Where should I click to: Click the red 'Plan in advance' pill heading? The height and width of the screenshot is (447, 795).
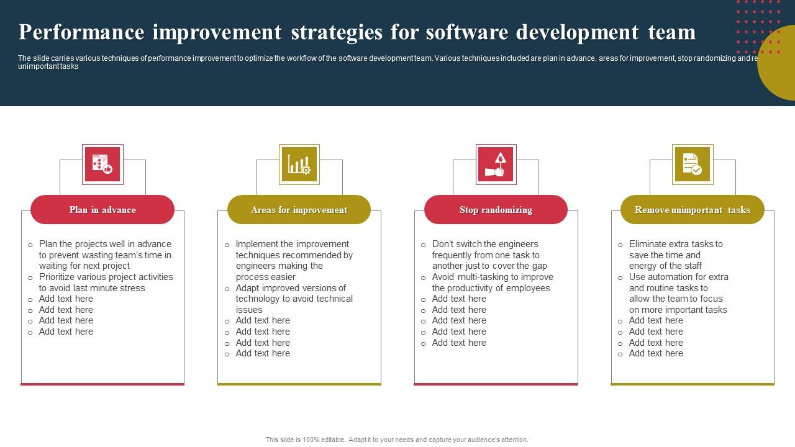102,210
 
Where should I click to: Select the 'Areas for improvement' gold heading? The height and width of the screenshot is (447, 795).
299,210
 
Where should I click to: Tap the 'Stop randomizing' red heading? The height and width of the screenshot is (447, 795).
496,210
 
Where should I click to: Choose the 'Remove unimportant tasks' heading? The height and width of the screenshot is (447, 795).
692,210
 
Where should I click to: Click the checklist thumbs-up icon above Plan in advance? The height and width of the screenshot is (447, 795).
102,165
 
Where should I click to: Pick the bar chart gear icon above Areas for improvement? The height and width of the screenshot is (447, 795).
299,165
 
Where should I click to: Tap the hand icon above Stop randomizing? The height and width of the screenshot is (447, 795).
496,165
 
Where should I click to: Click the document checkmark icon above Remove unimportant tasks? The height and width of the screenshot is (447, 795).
692,165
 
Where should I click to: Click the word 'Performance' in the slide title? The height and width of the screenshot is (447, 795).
81,32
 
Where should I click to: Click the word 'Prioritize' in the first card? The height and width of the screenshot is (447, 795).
59,277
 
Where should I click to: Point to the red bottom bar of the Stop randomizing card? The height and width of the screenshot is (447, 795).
496,384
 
